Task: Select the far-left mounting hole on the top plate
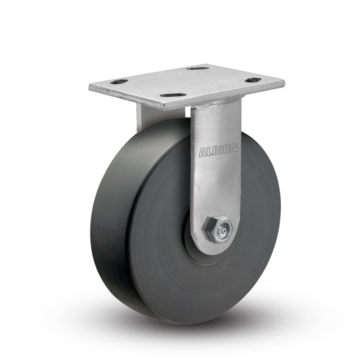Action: click(120, 82)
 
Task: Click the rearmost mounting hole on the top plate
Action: click(198, 68)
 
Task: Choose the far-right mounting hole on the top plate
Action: click(254, 80)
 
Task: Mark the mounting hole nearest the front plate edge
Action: click(172, 95)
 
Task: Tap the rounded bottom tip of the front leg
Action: click(216, 250)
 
